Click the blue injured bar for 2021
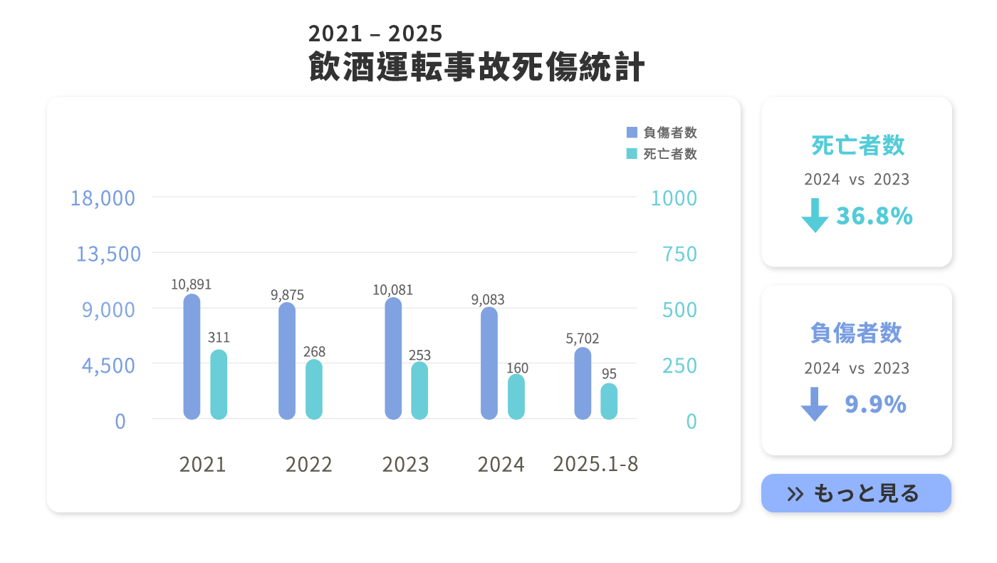coord(192,356)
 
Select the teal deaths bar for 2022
coord(314,389)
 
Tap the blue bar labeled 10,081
coord(393,358)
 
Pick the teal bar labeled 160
coord(516,397)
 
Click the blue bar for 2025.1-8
coord(583,383)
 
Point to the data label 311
coord(219,338)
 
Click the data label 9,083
coord(488,300)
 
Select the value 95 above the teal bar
coord(609,374)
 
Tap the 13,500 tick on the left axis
coord(108,254)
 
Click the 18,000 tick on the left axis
coord(103,198)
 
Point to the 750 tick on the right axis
coord(679,254)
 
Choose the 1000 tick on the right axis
coord(674,198)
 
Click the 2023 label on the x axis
coord(405,465)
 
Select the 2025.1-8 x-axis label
coord(595,464)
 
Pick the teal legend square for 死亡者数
coord(632,154)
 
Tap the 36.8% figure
coord(875,216)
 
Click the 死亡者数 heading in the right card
coord(857,145)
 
